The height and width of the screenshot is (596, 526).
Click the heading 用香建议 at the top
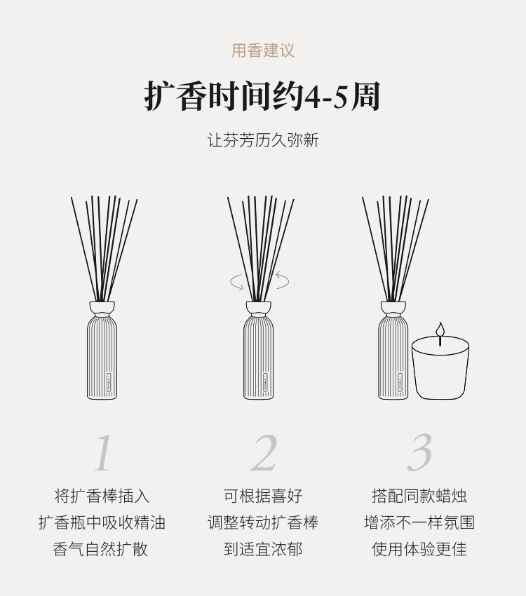tap(263, 50)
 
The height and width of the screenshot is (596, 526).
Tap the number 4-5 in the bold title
tap(328, 97)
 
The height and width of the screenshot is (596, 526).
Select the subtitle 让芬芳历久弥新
tap(263, 140)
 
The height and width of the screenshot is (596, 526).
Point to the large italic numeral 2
tap(264, 453)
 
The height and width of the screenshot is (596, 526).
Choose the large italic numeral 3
tap(419, 452)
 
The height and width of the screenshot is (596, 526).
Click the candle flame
tap(440, 329)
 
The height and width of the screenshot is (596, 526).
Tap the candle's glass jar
tap(440, 367)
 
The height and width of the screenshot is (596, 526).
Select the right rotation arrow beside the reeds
tap(283, 280)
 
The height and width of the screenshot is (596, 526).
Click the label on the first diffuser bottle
tap(109, 382)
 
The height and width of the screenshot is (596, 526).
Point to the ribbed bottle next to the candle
tap(393, 358)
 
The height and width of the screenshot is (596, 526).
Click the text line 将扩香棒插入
tap(102, 496)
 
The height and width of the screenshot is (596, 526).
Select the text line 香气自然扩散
tap(100, 549)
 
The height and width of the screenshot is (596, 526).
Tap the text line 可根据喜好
tap(263, 496)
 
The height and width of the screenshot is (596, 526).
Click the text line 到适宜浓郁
tap(263, 549)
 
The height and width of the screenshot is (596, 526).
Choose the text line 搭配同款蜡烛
tap(419, 496)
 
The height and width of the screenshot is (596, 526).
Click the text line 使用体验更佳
tap(419, 549)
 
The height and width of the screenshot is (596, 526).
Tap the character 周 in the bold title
tap(365, 97)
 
